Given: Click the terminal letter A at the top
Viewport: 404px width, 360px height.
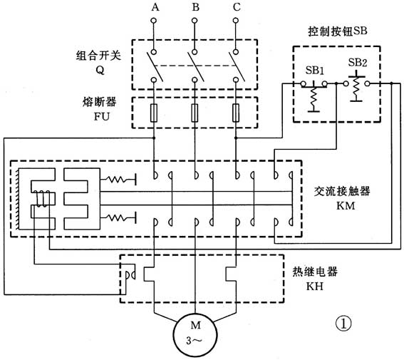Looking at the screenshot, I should (x=155, y=7).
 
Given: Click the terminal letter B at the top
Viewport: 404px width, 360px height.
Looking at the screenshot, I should (x=194, y=7).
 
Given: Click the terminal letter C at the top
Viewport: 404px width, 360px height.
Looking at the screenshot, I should (x=235, y=7).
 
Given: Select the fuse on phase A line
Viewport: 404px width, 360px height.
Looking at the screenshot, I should (x=155, y=112).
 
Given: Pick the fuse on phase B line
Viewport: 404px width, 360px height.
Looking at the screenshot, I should (x=195, y=112).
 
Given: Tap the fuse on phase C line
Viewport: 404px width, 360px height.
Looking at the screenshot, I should (x=235, y=112).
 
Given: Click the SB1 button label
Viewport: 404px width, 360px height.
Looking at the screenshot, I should (x=314, y=72).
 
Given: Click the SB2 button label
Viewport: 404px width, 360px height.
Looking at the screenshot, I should (x=358, y=63).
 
